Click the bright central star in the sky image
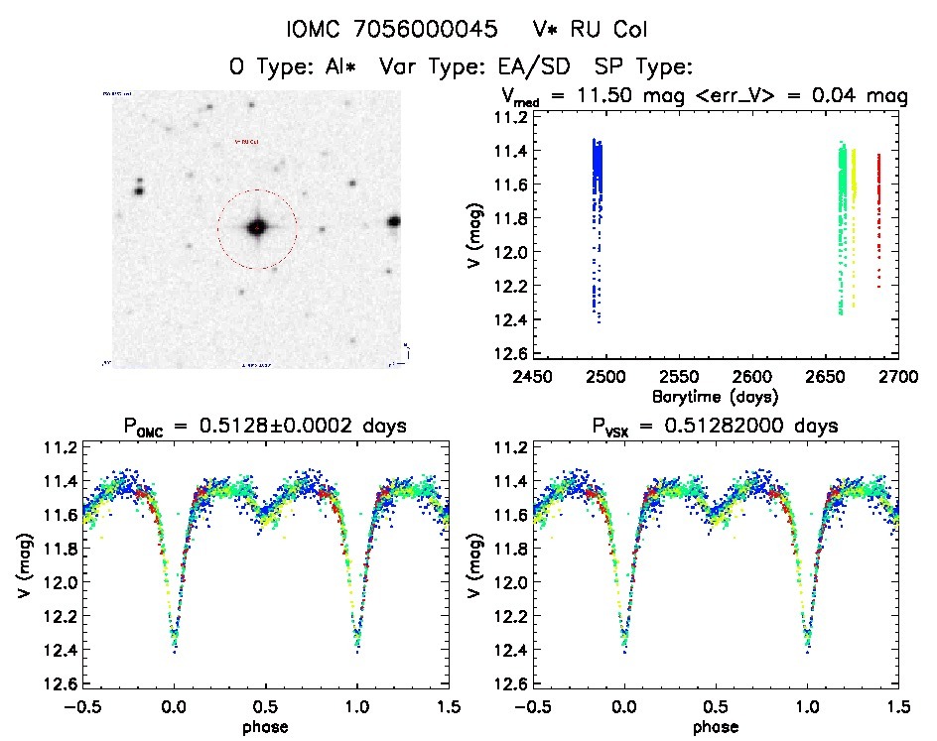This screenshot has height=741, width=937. [x=257, y=227]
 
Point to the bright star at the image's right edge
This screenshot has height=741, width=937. [x=395, y=221]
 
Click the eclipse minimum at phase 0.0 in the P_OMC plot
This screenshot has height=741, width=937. [x=175, y=649]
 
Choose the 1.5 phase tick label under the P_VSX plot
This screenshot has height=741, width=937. [x=897, y=707]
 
